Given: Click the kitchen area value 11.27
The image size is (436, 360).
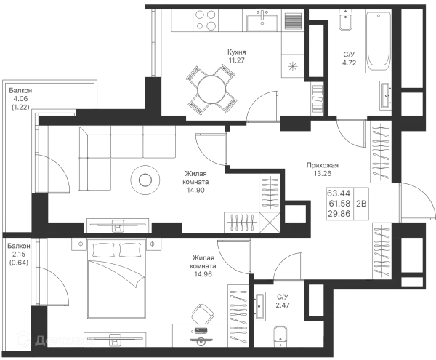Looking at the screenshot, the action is [237, 60].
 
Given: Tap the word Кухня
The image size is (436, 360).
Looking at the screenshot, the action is [237, 52].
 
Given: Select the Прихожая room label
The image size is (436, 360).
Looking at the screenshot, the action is [323, 165].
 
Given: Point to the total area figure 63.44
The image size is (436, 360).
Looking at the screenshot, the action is [339, 193].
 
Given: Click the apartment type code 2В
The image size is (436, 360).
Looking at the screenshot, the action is [361, 204].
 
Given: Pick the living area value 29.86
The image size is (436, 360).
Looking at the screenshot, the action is [339, 214].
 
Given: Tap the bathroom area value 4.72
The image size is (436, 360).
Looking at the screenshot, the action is [349, 63].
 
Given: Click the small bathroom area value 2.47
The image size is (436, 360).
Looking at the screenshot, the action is [283, 305].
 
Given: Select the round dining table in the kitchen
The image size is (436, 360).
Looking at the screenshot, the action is [211, 90].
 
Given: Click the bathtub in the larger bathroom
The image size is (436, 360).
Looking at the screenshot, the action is [378, 42].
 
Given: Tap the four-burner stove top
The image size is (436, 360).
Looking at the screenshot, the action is [206, 20].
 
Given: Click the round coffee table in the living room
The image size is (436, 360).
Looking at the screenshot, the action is [145, 180].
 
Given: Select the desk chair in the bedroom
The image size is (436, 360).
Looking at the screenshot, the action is [201, 313].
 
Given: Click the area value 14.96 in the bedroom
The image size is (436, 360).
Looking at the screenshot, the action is [203, 274].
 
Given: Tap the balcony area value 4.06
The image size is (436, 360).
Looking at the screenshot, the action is [20, 98].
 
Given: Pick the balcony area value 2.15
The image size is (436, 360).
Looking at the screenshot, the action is [19, 254].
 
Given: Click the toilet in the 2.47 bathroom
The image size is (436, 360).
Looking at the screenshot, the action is [280, 336].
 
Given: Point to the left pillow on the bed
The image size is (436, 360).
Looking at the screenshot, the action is [103, 250].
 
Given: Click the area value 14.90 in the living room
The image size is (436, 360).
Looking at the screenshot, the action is [195, 190].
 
